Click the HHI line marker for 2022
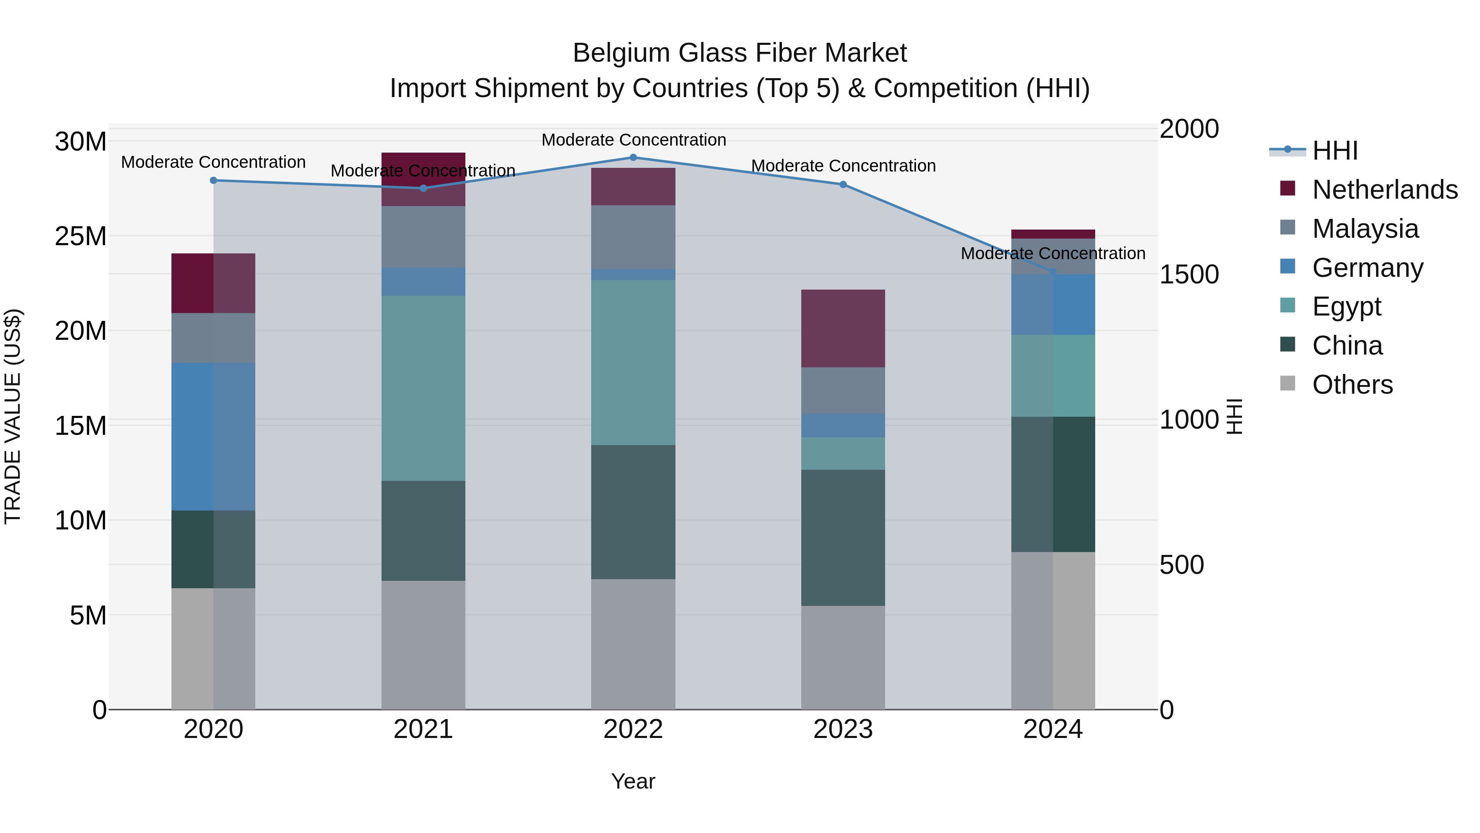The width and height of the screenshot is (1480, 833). (633, 158)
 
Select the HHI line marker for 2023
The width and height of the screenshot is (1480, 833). (843, 185)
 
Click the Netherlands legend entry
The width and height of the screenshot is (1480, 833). (1385, 190)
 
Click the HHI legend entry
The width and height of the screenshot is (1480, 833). (1334, 151)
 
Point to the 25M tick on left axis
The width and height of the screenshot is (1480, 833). (81, 236)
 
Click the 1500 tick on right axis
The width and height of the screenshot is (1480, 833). (1189, 274)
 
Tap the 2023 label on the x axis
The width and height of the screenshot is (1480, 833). (843, 729)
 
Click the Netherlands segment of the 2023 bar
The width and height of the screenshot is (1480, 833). (843, 328)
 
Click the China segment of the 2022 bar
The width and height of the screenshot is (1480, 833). (633, 512)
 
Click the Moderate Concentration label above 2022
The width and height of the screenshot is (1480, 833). (634, 140)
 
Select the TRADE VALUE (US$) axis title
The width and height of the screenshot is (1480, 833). (13, 416)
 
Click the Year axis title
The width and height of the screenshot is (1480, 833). (633, 781)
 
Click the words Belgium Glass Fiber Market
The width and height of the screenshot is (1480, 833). (740, 53)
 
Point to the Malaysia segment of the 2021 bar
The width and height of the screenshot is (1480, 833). (423, 237)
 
